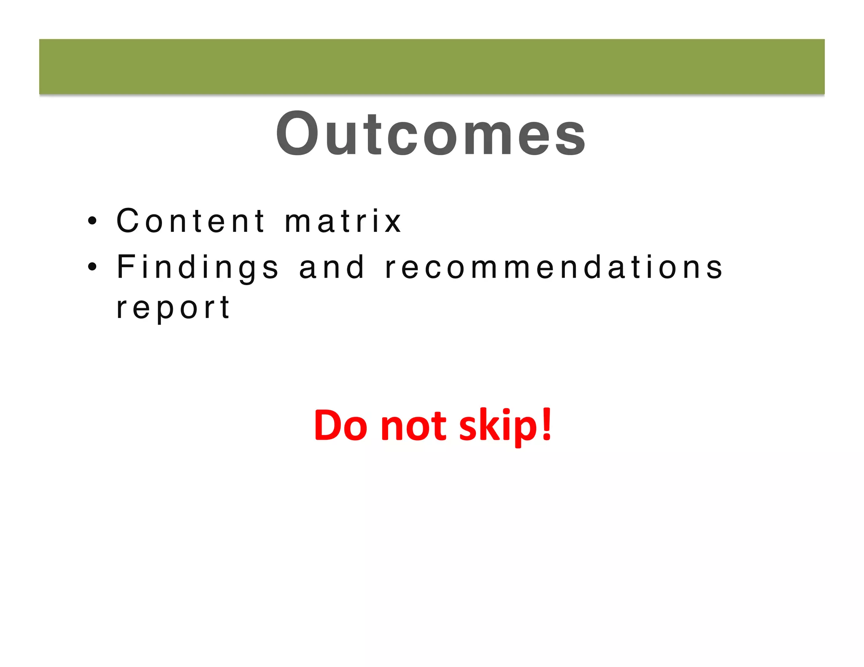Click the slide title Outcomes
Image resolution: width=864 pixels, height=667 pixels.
pyautogui.click(x=431, y=134)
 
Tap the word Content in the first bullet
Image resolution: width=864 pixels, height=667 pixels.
pyautogui.click(x=191, y=221)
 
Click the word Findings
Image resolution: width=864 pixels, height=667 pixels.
pyautogui.click(x=197, y=267)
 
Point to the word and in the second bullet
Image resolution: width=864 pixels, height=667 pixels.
pyautogui.click(x=332, y=267)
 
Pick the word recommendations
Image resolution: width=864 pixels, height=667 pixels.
pyautogui.click(x=554, y=267)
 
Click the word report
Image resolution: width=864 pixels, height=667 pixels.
pyautogui.click(x=173, y=308)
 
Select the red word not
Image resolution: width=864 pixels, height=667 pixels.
pyautogui.click(x=413, y=426)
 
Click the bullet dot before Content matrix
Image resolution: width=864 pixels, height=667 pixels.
pyautogui.click(x=92, y=221)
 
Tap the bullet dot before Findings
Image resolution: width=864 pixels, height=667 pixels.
pyautogui.click(x=92, y=267)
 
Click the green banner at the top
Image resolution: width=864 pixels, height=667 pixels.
pyautogui.click(x=432, y=67)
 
